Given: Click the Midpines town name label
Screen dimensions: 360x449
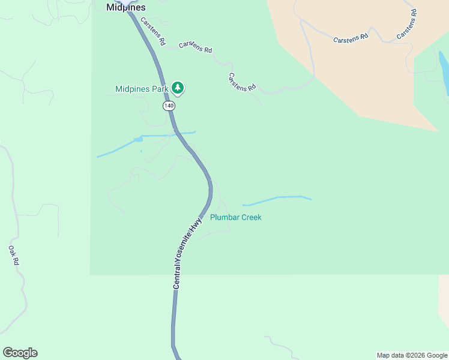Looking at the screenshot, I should (x=125, y=8).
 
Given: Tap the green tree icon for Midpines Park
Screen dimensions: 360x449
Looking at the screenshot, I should (x=177, y=88).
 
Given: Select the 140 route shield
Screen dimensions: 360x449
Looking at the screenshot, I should (x=169, y=106).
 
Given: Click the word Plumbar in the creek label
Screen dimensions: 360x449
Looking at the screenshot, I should (x=224, y=217).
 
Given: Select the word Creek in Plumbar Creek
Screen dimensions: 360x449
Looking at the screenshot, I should (x=252, y=217).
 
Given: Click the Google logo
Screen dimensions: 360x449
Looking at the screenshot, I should (x=20, y=353).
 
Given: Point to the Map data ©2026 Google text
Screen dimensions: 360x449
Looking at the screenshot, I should (x=412, y=355).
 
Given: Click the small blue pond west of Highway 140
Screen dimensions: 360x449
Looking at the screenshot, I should (x=138, y=140).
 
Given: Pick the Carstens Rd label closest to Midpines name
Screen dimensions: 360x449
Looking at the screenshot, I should (x=152, y=32).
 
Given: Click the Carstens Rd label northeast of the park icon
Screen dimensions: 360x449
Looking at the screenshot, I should (x=242, y=82).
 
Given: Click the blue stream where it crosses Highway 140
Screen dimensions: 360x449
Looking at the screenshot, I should (x=175, y=134).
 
